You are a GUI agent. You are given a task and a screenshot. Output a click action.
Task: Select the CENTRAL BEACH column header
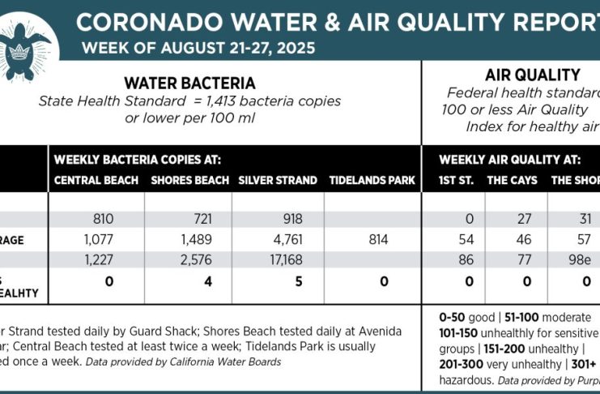[96, 180]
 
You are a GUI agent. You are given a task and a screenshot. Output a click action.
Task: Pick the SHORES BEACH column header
[189, 180]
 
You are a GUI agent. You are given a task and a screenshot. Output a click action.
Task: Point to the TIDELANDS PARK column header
[372, 180]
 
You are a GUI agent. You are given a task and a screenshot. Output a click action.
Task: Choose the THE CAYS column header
[512, 180]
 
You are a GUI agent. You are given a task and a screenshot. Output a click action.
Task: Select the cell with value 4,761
[280, 239]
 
